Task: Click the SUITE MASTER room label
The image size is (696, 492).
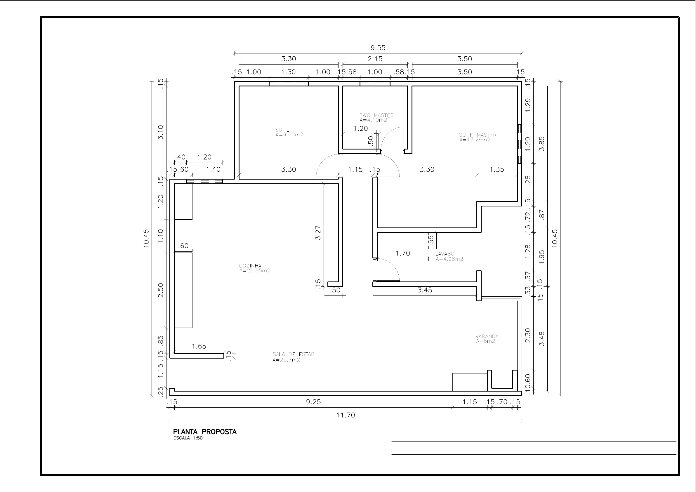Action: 478,135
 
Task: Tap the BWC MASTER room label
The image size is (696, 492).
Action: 376,115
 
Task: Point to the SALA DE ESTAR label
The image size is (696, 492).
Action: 294,354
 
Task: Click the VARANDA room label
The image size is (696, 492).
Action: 487,336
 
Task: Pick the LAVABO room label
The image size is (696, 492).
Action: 445,254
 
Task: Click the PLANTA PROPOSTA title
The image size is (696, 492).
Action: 205,432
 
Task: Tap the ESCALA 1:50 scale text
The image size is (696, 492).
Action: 188,438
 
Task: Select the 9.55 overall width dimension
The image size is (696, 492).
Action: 378,48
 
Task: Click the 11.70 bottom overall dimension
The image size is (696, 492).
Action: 346,415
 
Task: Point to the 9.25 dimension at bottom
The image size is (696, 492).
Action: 313,402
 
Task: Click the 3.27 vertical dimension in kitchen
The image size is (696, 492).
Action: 318,233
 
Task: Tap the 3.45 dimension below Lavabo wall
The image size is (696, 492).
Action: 425,290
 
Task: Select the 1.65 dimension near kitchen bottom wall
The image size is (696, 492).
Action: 199,346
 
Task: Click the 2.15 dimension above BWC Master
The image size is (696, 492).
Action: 375,59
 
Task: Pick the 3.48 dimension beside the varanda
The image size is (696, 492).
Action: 542,339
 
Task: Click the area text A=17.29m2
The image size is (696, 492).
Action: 475,140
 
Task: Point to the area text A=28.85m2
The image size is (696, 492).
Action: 255,271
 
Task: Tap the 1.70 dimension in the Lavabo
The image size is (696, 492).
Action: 403,253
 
